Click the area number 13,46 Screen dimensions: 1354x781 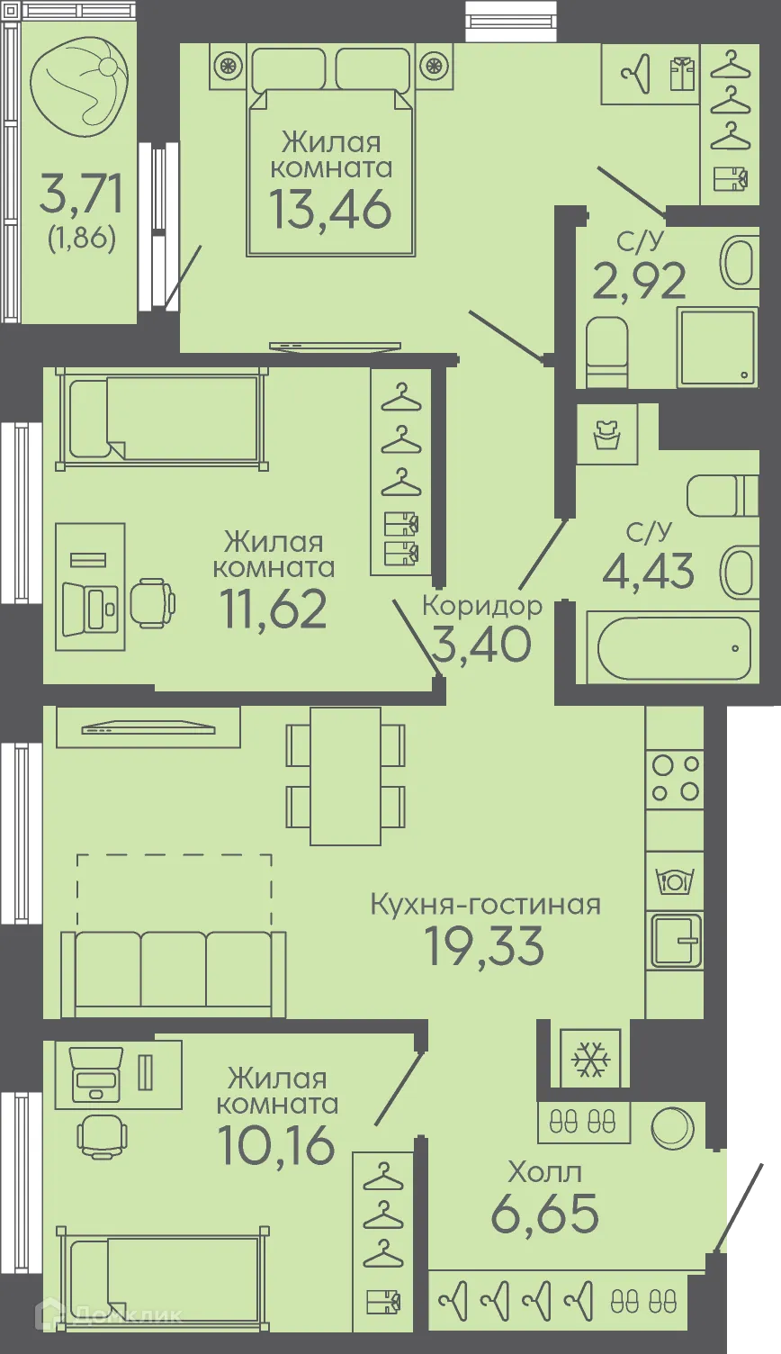pyautogui.click(x=330, y=209)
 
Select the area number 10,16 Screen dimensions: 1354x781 pyautogui.click(x=276, y=1145)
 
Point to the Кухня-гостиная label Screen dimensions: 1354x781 pyautogui.click(x=485, y=904)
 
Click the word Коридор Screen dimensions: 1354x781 pyautogui.click(x=482, y=605)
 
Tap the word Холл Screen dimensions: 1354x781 pyautogui.click(x=544, y=1171)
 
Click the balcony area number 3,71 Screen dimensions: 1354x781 pyautogui.click(x=81, y=194)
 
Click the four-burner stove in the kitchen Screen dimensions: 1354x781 pyautogui.click(x=676, y=779)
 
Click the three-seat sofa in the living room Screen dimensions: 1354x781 pyautogui.click(x=173, y=972)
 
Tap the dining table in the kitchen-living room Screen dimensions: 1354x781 pyautogui.click(x=346, y=776)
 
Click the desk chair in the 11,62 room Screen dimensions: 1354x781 pyautogui.click(x=152, y=602)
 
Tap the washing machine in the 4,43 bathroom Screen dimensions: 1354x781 pyautogui.click(x=606, y=434)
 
